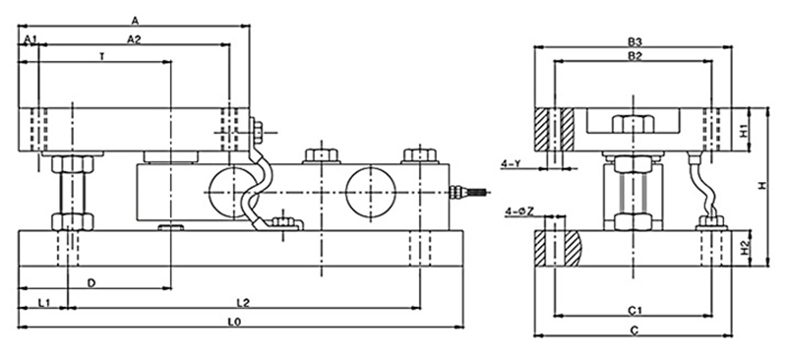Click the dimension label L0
click(x=234, y=323)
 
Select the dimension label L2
click(x=243, y=303)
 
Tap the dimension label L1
click(x=44, y=303)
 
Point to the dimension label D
click(x=91, y=283)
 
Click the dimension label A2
click(x=134, y=39)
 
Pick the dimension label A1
click(x=30, y=39)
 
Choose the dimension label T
click(x=102, y=57)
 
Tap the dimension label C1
click(x=635, y=312)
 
